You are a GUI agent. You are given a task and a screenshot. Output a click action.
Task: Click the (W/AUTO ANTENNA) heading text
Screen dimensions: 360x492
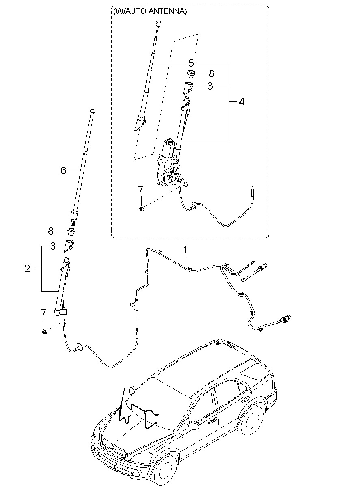coord(150,11)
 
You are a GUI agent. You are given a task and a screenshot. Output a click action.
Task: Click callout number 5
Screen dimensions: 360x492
coord(191,63)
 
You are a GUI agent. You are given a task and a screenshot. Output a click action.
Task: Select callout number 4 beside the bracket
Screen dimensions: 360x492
coord(241,102)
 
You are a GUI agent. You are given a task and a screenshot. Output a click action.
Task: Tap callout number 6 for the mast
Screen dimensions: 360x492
coord(63,170)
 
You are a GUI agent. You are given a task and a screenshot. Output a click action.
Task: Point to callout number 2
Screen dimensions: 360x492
coord(27,268)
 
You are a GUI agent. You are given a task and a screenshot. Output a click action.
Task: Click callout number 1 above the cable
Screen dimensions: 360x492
coord(185,250)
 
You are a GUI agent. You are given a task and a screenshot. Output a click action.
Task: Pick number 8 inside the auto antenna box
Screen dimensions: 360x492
coord(211,73)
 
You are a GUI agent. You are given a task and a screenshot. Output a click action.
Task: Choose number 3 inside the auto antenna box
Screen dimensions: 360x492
coord(210,86)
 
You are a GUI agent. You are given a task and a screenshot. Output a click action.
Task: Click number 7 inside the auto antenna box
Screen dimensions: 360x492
coord(141,190)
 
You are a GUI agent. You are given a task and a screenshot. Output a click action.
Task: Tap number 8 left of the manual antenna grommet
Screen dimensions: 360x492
coord(51,231)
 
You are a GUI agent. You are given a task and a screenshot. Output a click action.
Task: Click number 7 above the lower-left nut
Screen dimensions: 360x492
coord(44,312)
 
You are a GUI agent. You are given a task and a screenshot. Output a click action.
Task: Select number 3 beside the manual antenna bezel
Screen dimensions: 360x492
coord(53,246)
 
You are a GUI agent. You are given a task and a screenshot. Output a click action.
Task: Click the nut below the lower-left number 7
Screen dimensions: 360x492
coord(44,331)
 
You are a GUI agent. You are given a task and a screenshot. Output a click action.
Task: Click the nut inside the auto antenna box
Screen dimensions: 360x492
coord(142,208)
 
